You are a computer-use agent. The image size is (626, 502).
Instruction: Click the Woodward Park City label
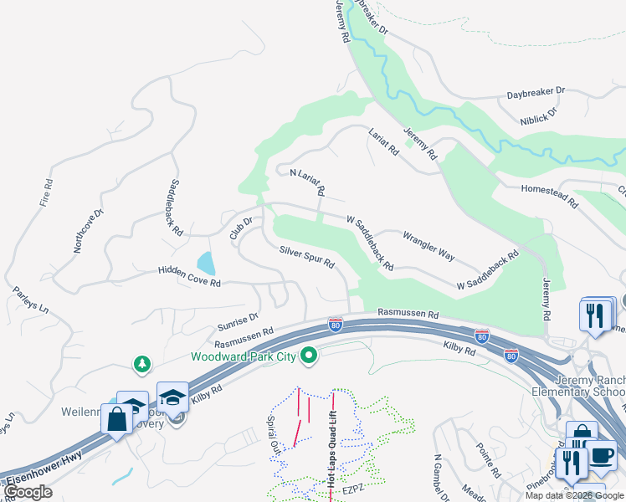pyautogui.click(x=244, y=356)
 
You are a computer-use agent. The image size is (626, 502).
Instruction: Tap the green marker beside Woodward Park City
pyautogui.click(x=310, y=356)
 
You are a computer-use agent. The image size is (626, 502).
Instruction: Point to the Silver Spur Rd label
pyautogui.click(x=307, y=257)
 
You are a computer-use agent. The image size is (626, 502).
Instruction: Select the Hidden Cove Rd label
pyautogui.click(x=189, y=277)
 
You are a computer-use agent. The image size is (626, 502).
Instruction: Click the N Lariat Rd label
pyautogui.click(x=307, y=182)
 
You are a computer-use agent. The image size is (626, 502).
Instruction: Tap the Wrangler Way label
pyautogui.click(x=428, y=244)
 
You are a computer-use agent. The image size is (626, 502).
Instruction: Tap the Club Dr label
pyautogui.click(x=242, y=228)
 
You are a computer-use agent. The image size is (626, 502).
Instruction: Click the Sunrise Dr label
pyautogui.click(x=238, y=320)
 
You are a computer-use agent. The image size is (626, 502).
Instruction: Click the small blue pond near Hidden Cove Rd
pyautogui.click(x=206, y=264)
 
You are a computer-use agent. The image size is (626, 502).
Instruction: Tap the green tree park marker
pyautogui.click(x=143, y=364)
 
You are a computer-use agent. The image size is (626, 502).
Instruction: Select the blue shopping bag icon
pyautogui.click(x=116, y=418)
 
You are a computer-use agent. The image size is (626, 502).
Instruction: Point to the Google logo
pyautogui.click(x=28, y=492)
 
